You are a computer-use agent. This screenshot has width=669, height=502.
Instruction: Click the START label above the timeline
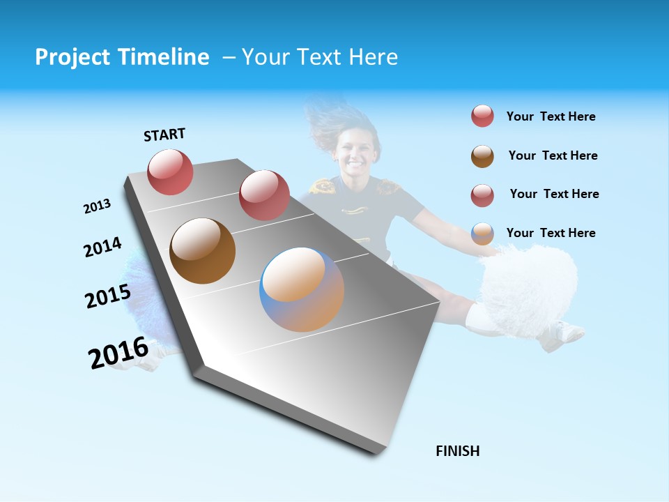click(164, 135)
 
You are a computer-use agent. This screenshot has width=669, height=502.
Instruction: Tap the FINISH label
click(457, 451)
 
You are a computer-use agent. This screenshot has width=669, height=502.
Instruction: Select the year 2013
click(97, 206)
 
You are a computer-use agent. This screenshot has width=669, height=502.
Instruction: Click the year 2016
click(118, 353)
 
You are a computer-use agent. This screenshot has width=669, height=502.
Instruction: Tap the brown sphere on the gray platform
click(202, 251)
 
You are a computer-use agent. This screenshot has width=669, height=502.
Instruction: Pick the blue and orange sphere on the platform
click(302, 289)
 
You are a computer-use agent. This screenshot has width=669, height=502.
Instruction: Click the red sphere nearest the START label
click(170, 172)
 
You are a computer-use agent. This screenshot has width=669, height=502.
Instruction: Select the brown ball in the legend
click(482, 156)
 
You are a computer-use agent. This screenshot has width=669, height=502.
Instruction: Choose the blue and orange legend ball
click(482, 234)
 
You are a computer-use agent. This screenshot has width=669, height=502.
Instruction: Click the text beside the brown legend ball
click(553, 155)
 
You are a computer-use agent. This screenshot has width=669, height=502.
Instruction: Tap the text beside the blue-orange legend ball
click(551, 233)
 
